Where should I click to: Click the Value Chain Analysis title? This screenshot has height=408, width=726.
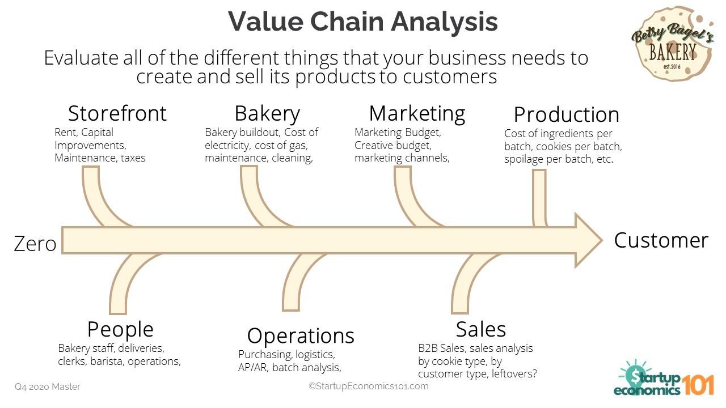[x=363, y=22]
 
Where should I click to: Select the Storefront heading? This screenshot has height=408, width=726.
[x=117, y=113]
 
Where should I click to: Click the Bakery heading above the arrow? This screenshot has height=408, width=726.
[x=267, y=113]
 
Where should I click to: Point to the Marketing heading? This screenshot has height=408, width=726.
[x=417, y=113]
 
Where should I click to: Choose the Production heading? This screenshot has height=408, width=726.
[x=566, y=114]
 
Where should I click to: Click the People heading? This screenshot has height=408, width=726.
[x=120, y=329]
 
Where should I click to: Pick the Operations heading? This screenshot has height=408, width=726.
[x=301, y=335]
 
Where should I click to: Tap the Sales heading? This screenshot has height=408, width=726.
[x=481, y=329]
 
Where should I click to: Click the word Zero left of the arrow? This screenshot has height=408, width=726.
[x=35, y=244]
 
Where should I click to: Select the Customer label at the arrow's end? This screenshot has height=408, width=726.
[x=661, y=240]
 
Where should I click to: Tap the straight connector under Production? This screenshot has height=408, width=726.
[x=539, y=198]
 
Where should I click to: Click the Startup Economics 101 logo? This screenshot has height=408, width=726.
[x=664, y=379]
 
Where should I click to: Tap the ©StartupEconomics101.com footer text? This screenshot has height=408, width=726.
[x=369, y=386]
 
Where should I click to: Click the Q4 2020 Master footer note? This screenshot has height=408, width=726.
[x=48, y=387]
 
